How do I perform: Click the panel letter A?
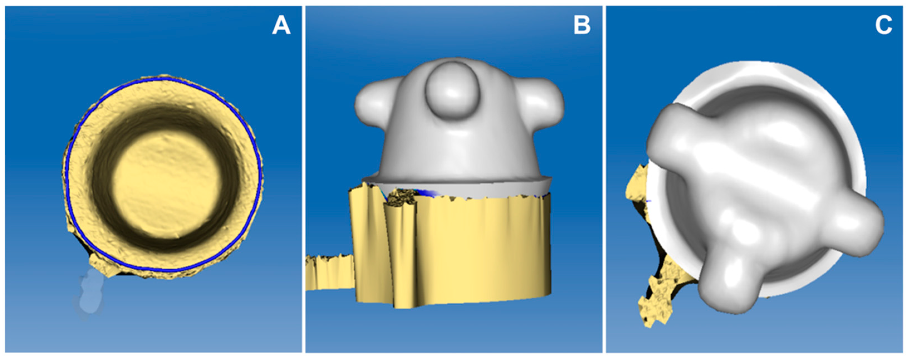(281, 26)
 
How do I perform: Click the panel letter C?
(883, 26)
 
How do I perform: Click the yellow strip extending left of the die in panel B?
(328, 272)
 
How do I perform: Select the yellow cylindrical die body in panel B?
(469, 251)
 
